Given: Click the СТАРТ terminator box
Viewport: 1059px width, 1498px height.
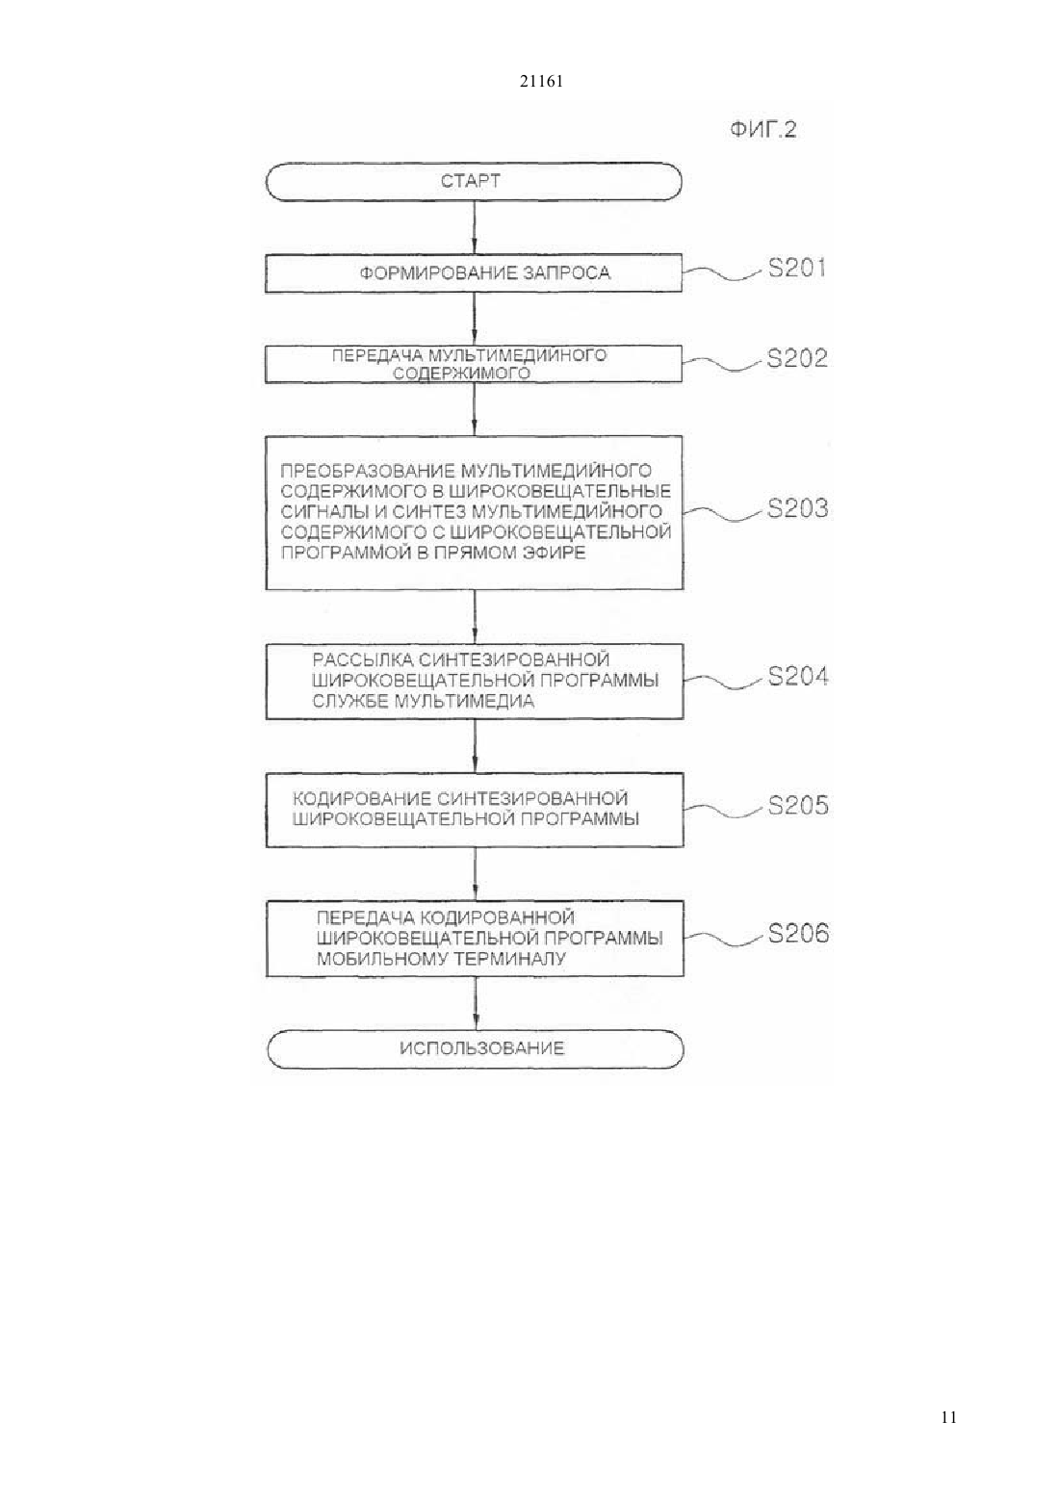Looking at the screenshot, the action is pos(474,181).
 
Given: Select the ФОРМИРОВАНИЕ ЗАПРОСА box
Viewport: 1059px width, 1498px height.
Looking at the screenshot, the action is pos(474,272).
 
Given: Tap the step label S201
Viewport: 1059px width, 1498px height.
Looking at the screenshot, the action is pos(797,269).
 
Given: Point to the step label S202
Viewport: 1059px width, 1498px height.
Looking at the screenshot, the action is pos(797,358).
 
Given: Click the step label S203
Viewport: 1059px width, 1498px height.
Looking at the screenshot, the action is pos(797,509).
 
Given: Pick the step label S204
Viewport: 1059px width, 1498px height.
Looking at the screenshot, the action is pos(798,677).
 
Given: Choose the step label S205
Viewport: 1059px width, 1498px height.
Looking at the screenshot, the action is pos(798,805).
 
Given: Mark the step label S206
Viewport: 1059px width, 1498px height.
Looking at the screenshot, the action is pos(798,933).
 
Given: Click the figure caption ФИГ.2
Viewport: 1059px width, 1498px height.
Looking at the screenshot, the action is pos(763,129).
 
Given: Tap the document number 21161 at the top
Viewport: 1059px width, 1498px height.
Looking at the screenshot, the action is pos(541,82).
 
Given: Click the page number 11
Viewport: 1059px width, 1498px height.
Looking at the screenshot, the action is pos(948,1418).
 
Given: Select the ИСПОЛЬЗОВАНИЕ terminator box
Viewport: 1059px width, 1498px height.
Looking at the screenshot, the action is pos(476,1049).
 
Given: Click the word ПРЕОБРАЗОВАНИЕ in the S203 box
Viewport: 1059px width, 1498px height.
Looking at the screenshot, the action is pos(367,471).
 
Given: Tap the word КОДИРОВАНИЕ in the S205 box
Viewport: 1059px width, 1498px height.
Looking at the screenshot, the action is pos(362,798).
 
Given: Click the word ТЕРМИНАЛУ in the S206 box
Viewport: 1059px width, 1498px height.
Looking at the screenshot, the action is pos(510,959).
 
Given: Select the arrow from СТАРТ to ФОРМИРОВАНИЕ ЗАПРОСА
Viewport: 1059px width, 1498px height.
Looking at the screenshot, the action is pos(475,227).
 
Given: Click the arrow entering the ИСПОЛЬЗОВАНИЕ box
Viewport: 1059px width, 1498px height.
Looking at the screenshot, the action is pos(476,1003).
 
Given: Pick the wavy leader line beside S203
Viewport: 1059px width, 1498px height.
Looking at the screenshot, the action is pos(723,513).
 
